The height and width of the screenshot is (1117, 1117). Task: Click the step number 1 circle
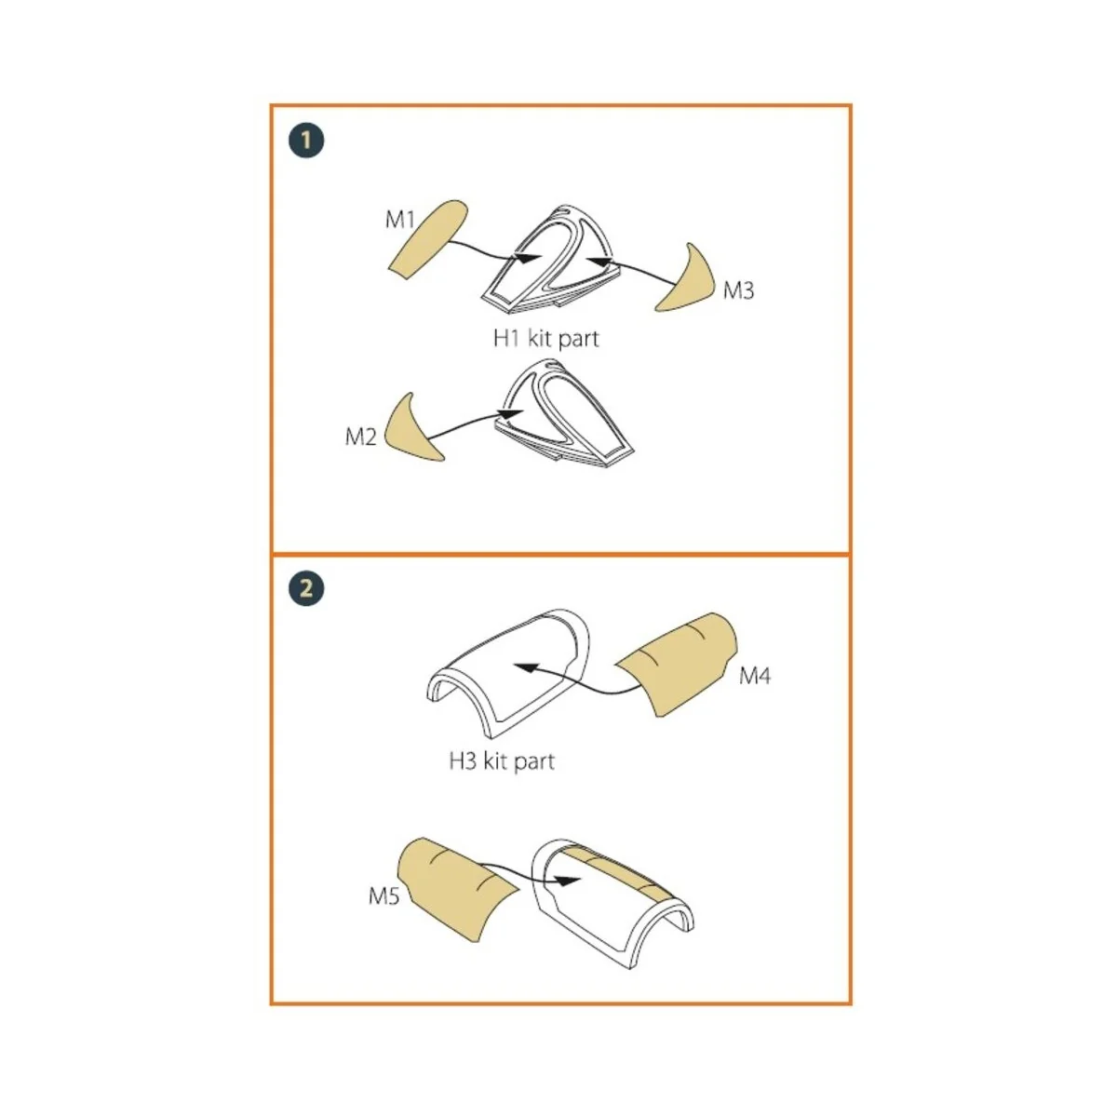coord(306,141)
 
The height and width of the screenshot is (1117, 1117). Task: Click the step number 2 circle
coord(306,589)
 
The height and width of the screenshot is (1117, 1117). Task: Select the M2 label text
coord(360,437)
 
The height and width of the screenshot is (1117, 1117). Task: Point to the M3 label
coord(738,289)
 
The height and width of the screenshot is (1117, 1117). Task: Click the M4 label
coord(755,675)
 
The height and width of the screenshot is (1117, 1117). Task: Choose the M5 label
coord(384,896)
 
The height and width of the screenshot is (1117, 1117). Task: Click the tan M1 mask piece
coord(428,240)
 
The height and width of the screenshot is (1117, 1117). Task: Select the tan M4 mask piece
coord(677,665)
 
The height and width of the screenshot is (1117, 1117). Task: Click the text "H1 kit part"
coord(545,339)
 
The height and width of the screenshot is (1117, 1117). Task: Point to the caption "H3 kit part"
coord(502,761)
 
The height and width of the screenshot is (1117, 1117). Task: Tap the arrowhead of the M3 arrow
coord(601,262)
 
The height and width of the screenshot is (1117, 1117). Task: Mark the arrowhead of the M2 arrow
coord(511,413)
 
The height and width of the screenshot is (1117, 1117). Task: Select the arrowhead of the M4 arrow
coord(527,667)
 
